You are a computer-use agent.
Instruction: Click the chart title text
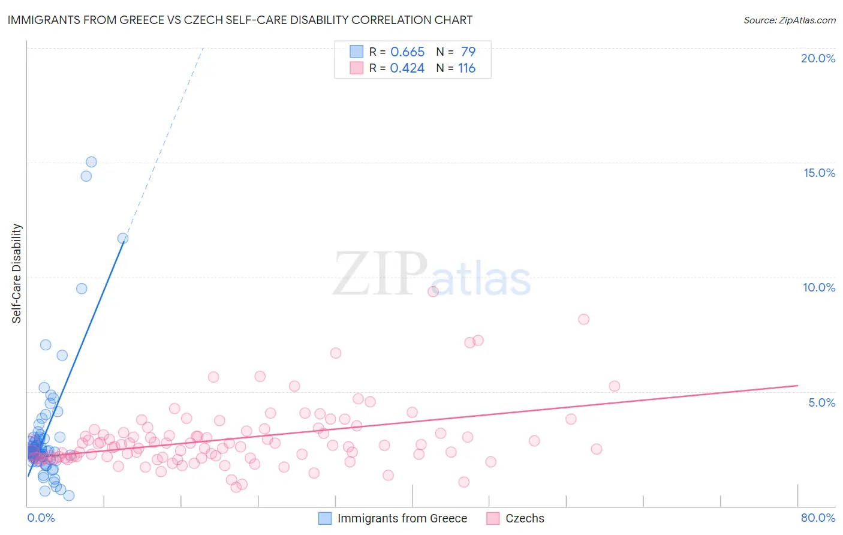[x=240, y=20]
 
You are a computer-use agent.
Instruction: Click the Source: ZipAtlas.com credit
[x=789, y=20]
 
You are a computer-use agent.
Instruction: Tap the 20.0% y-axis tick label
[x=818, y=58]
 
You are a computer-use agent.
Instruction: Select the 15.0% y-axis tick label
[x=819, y=173]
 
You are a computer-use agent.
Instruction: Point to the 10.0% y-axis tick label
[x=819, y=287]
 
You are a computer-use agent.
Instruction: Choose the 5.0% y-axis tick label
[x=821, y=402]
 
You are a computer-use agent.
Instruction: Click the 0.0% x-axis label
[x=41, y=518]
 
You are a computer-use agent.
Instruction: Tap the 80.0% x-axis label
[x=818, y=518]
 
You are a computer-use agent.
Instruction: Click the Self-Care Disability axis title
[x=17, y=273]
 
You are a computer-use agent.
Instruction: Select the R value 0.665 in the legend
[x=407, y=52]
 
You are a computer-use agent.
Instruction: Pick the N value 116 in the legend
[x=466, y=68]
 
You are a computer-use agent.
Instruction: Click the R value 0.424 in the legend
[x=407, y=68]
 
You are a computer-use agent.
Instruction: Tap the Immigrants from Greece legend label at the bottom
[x=402, y=518]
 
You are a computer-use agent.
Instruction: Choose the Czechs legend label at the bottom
[x=525, y=518]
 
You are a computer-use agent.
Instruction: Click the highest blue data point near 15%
[x=91, y=162]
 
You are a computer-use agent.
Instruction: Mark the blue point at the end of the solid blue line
[x=123, y=238]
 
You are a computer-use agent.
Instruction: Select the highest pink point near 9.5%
[x=433, y=291]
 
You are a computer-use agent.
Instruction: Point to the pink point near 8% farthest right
[x=583, y=319]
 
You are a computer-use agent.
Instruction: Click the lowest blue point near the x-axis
[x=69, y=495]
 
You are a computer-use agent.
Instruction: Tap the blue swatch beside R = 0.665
[x=357, y=52]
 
